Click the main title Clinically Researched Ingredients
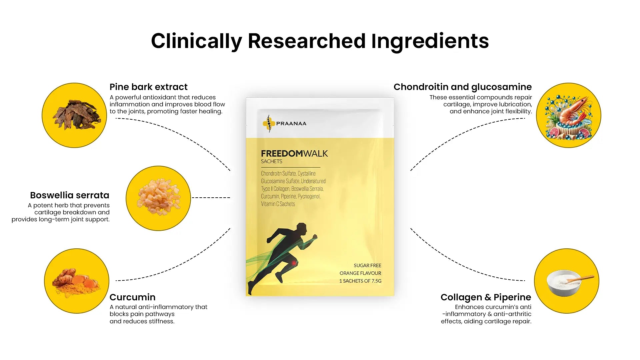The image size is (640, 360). (320, 41)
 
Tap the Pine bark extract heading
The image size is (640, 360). (149, 87)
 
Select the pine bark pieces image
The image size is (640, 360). (76, 114)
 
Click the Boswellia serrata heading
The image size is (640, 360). (70, 195)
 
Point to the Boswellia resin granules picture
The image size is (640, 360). (159, 197)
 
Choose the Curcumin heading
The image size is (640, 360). (132, 297)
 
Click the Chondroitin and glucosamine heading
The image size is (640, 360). (463, 87)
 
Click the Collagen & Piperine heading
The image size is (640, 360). (486, 297)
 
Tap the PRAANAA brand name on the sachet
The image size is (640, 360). (291, 124)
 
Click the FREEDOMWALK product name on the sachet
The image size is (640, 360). (294, 154)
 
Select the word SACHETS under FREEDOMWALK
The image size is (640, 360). (272, 162)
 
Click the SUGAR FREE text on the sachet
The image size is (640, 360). (367, 266)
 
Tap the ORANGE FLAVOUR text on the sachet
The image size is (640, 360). (360, 273)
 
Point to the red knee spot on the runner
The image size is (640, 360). (294, 263)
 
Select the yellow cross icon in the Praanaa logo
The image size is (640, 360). (269, 124)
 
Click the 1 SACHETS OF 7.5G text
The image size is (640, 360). (360, 281)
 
